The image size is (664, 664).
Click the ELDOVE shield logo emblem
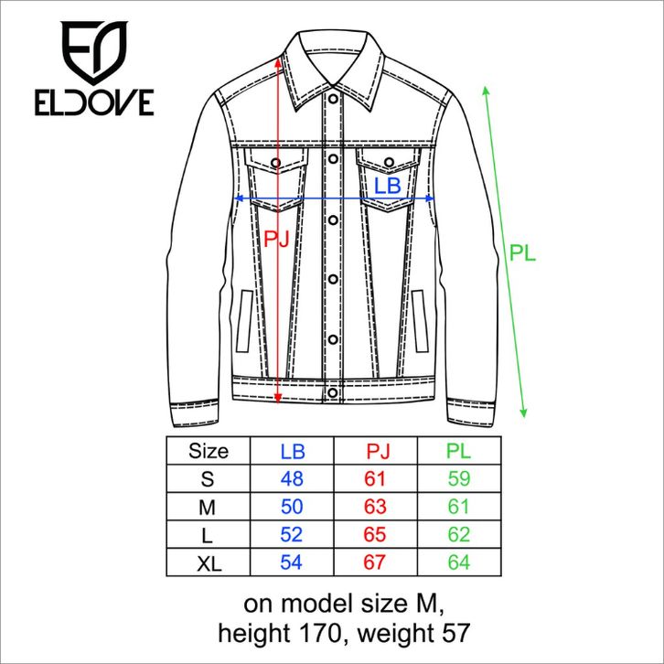pyautogui.click(x=94, y=51)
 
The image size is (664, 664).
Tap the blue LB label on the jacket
pyautogui.click(x=388, y=186)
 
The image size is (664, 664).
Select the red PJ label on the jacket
pyautogui.click(x=276, y=239)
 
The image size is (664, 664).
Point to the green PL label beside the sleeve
pyautogui.click(x=522, y=252)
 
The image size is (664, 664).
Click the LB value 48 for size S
pyautogui.click(x=292, y=478)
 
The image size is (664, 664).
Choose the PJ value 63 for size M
pyautogui.click(x=375, y=507)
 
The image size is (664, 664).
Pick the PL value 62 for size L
pyautogui.click(x=459, y=534)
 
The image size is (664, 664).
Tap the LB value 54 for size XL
pyautogui.click(x=292, y=562)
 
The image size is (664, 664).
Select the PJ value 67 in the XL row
pyautogui.click(x=375, y=562)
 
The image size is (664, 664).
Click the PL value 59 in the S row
pyautogui.click(x=459, y=478)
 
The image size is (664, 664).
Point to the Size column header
pyautogui.click(x=209, y=451)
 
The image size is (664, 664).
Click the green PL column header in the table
pyautogui.click(x=458, y=451)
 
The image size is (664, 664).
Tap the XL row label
pyautogui.click(x=209, y=563)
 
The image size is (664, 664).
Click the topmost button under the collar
pyautogui.click(x=333, y=99)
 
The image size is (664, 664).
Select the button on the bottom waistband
pyautogui.click(x=333, y=392)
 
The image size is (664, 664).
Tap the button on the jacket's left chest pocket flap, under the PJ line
pyautogui.click(x=275, y=163)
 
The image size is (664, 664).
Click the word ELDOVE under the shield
pyautogui.click(x=94, y=102)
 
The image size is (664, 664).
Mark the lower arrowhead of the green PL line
pyautogui.click(x=523, y=412)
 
